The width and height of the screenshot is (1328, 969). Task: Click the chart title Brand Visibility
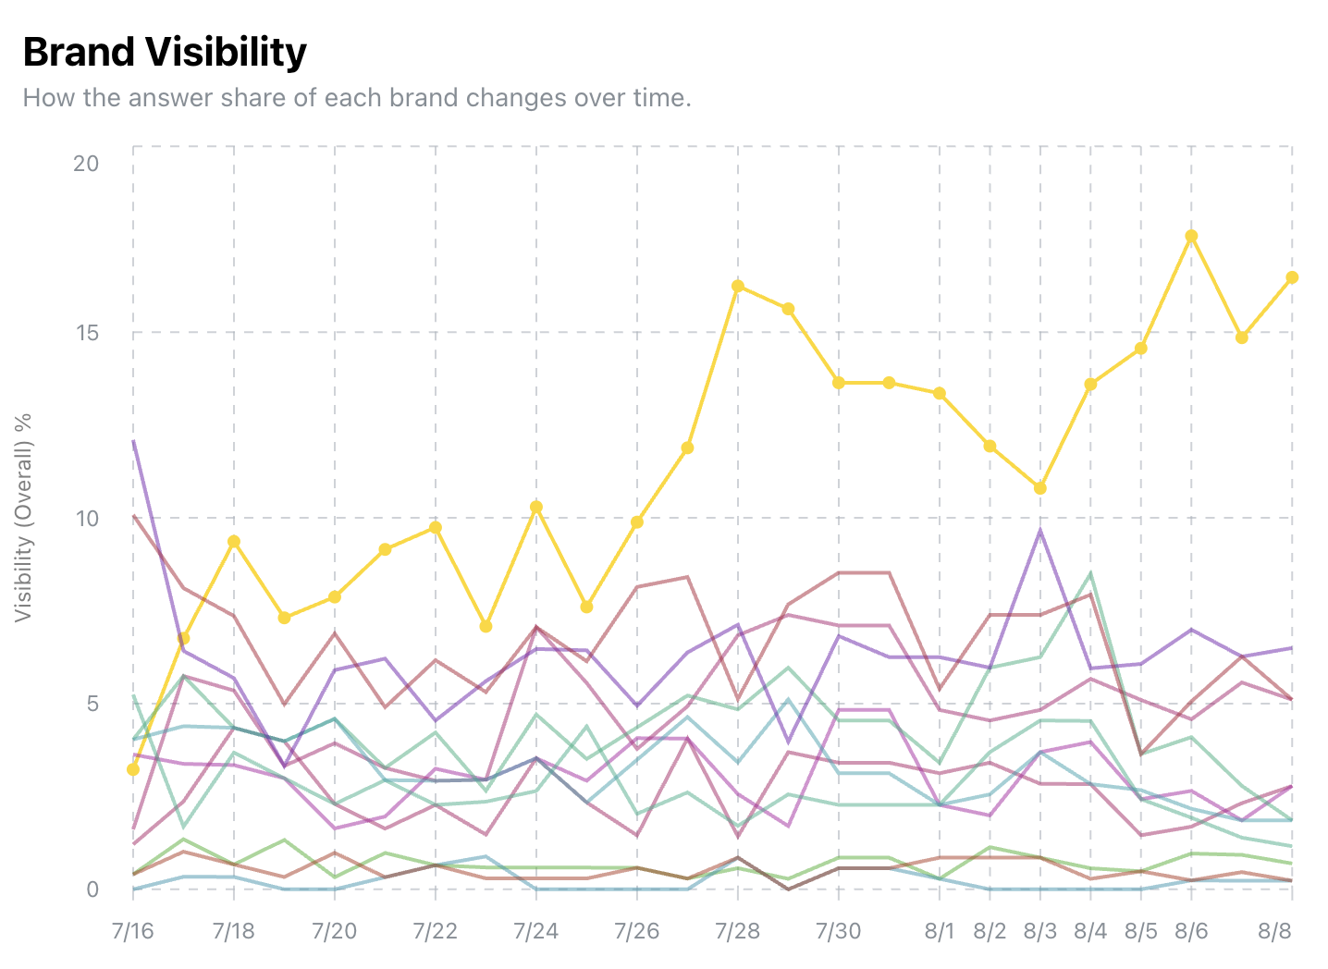(165, 53)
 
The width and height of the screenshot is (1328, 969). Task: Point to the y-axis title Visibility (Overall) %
(23, 517)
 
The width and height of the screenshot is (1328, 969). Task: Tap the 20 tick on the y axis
(86, 163)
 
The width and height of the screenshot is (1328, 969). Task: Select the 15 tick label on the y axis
(86, 333)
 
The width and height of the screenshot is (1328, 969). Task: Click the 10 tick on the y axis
(86, 518)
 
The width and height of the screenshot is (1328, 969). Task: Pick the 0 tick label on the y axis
(92, 889)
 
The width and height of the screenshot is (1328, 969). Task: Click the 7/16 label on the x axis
(133, 930)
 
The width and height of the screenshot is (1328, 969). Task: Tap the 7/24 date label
(536, 930)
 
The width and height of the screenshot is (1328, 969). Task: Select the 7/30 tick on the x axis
(839, 930)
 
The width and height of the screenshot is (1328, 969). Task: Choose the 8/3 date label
(1040, 930)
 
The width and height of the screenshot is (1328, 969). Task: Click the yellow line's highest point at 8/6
(1191, 236)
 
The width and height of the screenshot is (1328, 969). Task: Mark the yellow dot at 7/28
(738, 287)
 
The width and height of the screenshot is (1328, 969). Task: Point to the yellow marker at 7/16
(133, 769)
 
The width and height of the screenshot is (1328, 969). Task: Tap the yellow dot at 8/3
(1040, 488)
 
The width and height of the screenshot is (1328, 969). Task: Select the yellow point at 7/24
(536, 507)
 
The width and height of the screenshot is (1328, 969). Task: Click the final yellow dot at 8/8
(1292, 277)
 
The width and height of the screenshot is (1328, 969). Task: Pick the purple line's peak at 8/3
(1040, 530)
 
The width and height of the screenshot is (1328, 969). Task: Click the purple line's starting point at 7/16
(133, 441)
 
